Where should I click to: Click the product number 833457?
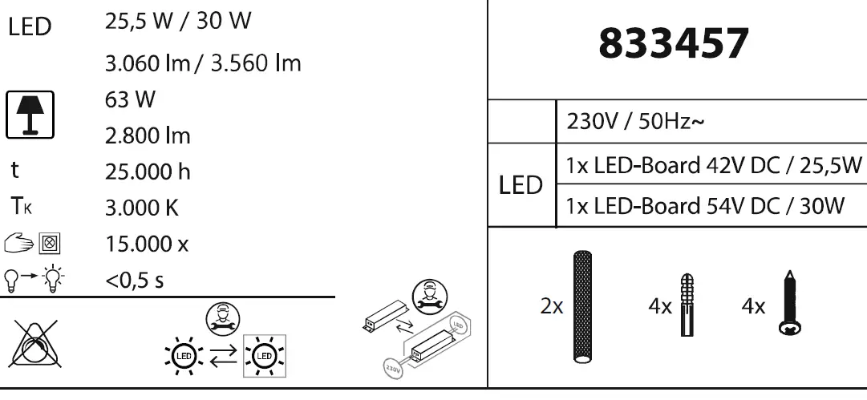[674, 45]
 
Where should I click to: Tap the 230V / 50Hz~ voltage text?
[635, 123]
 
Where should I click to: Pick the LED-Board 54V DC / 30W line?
[704, 206]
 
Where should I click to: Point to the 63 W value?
[130, 100]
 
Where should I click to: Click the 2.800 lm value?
[148, 135]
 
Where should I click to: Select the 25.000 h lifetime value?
[148, 172]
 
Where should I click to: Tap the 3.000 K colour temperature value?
[141, 208]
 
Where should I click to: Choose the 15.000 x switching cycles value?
[147, 244]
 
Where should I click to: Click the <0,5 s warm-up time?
[136, 280]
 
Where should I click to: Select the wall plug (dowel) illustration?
[686, 305]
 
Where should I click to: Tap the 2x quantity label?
[552, 306]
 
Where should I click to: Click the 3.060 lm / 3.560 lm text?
[203, 63]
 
